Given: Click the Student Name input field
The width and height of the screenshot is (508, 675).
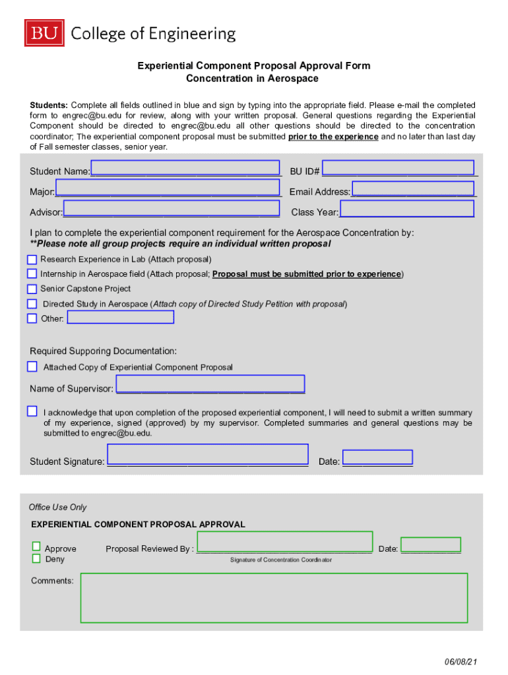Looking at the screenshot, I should pyautogui.click(x=185, y=169).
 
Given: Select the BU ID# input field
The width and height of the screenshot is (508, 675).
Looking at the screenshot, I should pyautogui.click(x=398, y=168).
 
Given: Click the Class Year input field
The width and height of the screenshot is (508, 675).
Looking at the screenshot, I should pyautogui.click(x=406, y=209).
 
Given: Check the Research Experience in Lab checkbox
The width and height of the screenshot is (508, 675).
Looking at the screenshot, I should pyautogui.click(x=32, y=260).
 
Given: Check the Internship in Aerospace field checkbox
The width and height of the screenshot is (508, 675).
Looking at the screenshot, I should pyautogui.click(x=32, y=274).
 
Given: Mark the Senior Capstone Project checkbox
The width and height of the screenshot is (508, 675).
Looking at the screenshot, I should pyautogui.click(x=32, y=289).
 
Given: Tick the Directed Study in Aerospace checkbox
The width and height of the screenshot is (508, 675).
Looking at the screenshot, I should pyautogui.click(x=32, y=304).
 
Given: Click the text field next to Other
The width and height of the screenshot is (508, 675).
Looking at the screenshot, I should pyautogui.click(x=121, y=318).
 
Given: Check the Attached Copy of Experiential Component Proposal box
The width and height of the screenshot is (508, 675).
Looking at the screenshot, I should pyautogui.click(x=32, y=367).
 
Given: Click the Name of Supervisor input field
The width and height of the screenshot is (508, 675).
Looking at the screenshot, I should pyautogui.click(x=210, y=384).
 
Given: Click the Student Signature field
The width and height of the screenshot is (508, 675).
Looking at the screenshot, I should pyautogui.click(x=207, y=455).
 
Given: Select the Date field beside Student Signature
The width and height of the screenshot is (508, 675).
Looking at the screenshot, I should pyautogui.click(x=377, y=457).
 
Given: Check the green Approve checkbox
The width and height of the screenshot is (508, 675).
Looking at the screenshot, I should pyautogui.click(x=36, y=547).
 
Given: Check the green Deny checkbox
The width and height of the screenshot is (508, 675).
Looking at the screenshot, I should pyautogui.click(x=36, y=559).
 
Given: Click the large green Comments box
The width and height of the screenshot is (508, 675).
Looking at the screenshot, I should pyautogui.click(x=274, y=598).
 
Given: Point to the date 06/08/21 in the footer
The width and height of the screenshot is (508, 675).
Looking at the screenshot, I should pyautogui.click(x=460, y=661).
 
